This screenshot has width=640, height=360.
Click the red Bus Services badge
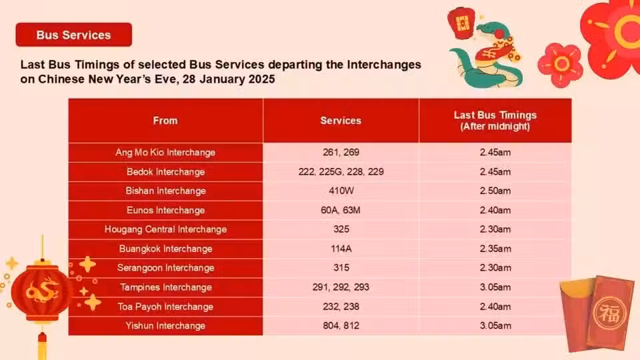[x=74, y=35]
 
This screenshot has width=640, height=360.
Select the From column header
[x=165, y=121]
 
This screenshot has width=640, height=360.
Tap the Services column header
[x=341, y=121]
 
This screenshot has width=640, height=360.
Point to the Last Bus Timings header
[x=495, y=121]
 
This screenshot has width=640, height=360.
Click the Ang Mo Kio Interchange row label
[x=165, y=153]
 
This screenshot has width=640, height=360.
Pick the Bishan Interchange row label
[x=165, y=191]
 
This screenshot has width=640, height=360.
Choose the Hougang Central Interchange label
[x=165, y=229]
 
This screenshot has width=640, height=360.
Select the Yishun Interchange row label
[x=165, y=326]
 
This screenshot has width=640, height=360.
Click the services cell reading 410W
[x=341, y=191]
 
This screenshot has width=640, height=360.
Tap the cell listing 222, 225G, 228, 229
[x=341, y=172]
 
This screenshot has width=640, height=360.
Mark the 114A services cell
[x=341, y=249]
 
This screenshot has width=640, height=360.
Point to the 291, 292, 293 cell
[x=341, y=287]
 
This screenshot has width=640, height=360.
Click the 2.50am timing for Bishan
[x=495, y=191]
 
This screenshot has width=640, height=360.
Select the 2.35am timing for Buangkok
[x=495, y=249]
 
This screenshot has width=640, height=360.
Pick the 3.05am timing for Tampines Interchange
[x=495, y=287]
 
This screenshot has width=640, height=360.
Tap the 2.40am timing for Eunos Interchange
[x=495, y=210]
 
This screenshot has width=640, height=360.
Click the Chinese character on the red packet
[x=609, y=313]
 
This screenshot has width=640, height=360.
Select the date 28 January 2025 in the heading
[x=229, y=79]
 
